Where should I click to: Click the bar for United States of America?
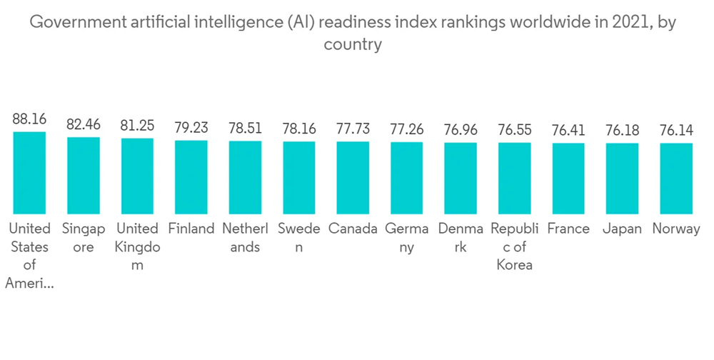29,173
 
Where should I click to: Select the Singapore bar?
84,175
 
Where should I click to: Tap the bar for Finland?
191,177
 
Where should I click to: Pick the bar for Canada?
353,178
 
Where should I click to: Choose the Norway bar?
676,179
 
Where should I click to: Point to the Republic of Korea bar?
515,179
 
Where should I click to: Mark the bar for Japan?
622,179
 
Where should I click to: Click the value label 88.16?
29,119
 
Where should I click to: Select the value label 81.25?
137,125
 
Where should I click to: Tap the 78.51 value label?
245,128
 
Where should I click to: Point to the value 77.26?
407,129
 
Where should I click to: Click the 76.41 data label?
568,130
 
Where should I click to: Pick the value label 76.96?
461,130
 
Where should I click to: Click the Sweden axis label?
299,238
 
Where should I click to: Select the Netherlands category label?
245,238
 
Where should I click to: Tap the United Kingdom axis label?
137,246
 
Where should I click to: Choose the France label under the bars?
568,229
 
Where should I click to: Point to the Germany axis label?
407,238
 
